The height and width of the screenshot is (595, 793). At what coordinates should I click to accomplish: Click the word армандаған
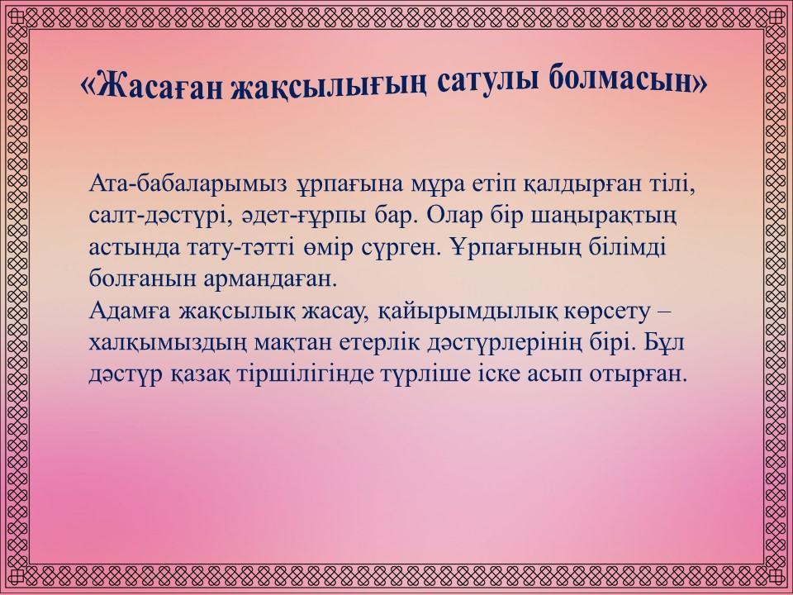point(271,280)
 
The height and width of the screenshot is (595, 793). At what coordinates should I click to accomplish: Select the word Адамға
point(131,311)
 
